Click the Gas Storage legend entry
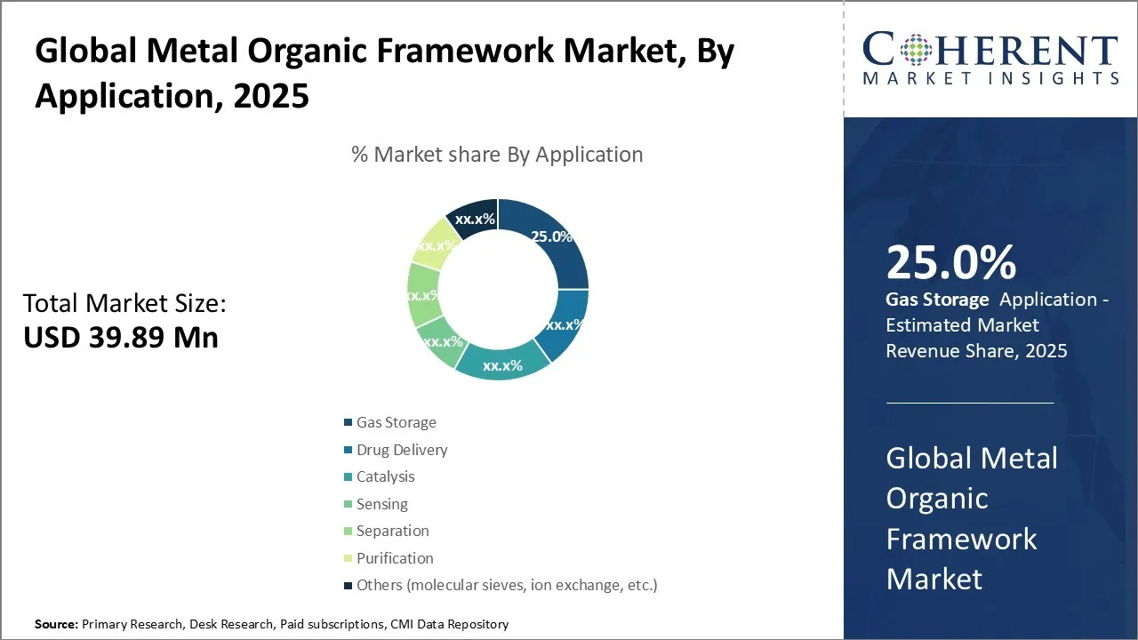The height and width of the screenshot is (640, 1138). [390, 422]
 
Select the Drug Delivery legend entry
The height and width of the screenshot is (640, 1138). [396, 450]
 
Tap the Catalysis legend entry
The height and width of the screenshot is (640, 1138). [380, 476]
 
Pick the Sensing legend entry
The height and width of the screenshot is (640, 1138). [376, 504]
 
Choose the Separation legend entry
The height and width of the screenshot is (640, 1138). [387, 531]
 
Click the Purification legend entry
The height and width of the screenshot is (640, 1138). [389, 558]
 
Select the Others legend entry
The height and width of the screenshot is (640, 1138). [501, 585]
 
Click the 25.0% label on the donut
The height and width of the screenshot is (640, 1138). [551, 236]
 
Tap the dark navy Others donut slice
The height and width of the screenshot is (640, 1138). [472, 219]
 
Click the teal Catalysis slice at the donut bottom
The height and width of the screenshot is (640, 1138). [502, 362]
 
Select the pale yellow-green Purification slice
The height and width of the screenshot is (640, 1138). [433, 244]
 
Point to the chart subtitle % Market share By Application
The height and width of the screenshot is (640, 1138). [497, 154]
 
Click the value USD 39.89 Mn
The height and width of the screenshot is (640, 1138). [121, 337]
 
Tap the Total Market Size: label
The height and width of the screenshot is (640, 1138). [124, 303]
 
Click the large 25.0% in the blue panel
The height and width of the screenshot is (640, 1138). [951, 262]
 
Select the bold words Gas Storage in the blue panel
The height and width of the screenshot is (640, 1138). [937, 300]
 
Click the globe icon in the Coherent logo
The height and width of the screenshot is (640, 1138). [916, 49]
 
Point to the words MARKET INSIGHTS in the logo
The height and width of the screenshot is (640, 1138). [990, 78]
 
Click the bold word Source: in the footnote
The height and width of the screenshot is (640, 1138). [56, 624]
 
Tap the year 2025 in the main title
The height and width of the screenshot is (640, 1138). [271, 95]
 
